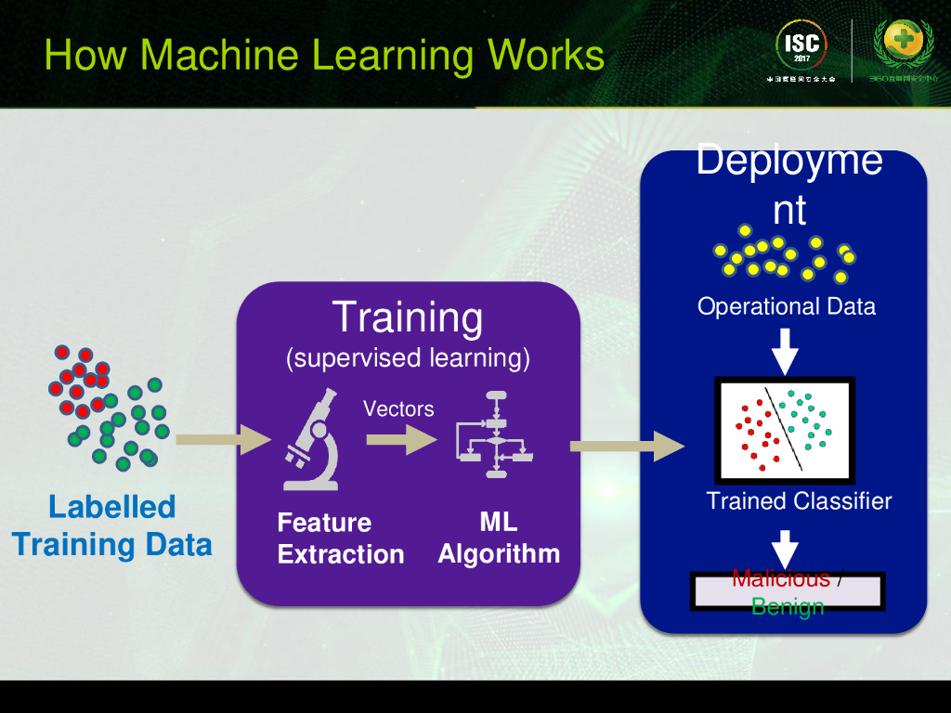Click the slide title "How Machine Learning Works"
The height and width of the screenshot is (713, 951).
click(324, 55)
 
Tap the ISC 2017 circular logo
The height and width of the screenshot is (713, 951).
click(801, 47)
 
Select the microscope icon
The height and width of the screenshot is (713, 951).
click(312, 440)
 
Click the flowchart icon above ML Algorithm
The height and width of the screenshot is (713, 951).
click(496, 434)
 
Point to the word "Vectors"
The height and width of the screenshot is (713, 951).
click(398, 408)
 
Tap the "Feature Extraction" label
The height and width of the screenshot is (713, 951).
click(340, 538)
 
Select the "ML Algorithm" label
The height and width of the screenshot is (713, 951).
click(499, 538)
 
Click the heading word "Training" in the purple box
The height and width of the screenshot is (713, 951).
click(408, 317)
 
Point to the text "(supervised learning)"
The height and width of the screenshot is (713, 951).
click(408, 357)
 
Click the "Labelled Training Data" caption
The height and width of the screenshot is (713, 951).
click(112, 525)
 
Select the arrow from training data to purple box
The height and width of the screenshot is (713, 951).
click(222, 439)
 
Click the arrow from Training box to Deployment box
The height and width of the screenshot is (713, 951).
click(627, 447)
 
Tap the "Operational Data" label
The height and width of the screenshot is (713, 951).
click(787, 306)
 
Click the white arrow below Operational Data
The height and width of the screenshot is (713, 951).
click(786, 350)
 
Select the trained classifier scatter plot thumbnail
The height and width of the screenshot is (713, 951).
click(785, 430)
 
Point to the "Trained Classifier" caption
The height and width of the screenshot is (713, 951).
click(799, 501)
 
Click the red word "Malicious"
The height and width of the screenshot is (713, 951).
click(780, 579)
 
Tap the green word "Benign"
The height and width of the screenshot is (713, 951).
click(788, 607)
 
